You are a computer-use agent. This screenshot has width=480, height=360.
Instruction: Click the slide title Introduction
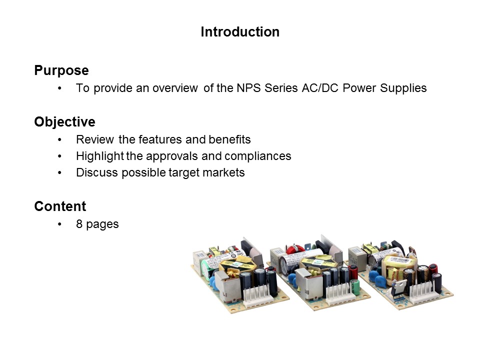240,32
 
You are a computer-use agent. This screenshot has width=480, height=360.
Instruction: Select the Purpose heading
61,71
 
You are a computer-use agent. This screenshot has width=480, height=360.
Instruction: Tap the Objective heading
64,122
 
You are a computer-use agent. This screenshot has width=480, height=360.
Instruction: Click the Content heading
60,206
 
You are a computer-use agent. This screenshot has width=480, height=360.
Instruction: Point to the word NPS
248,88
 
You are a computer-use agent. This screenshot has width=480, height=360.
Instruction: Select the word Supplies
404,88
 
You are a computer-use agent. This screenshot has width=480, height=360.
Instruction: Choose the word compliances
257,156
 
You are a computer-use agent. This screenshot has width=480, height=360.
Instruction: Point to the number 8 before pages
79,224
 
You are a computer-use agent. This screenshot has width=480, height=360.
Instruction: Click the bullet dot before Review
60,139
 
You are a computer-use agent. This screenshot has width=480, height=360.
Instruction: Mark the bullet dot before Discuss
60,173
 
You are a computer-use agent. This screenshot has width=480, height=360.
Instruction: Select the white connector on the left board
258,293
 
